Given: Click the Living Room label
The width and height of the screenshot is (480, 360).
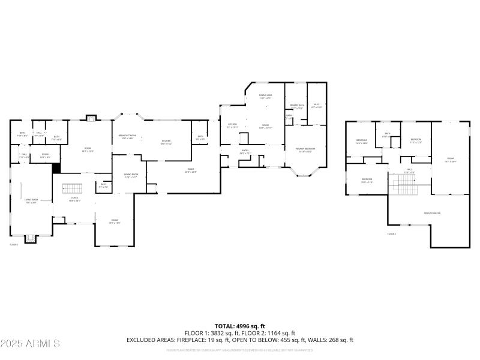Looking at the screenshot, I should point(31,200).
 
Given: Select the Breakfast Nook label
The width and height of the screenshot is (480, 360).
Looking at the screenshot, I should point(127,136).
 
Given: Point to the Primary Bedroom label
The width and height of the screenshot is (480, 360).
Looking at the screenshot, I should point(305,149).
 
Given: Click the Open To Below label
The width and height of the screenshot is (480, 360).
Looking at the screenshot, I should point(432,213).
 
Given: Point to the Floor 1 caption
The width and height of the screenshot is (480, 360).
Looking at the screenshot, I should point(14,245).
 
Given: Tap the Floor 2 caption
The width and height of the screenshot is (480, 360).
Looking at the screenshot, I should point(392,233).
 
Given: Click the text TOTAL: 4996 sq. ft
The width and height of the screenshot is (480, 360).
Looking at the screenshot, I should point(240,326).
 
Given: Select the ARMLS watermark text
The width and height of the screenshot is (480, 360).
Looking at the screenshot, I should point(30,344).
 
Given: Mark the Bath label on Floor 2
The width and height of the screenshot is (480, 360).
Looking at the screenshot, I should point(387,135).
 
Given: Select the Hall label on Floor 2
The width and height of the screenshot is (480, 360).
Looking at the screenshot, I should point(409,170).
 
